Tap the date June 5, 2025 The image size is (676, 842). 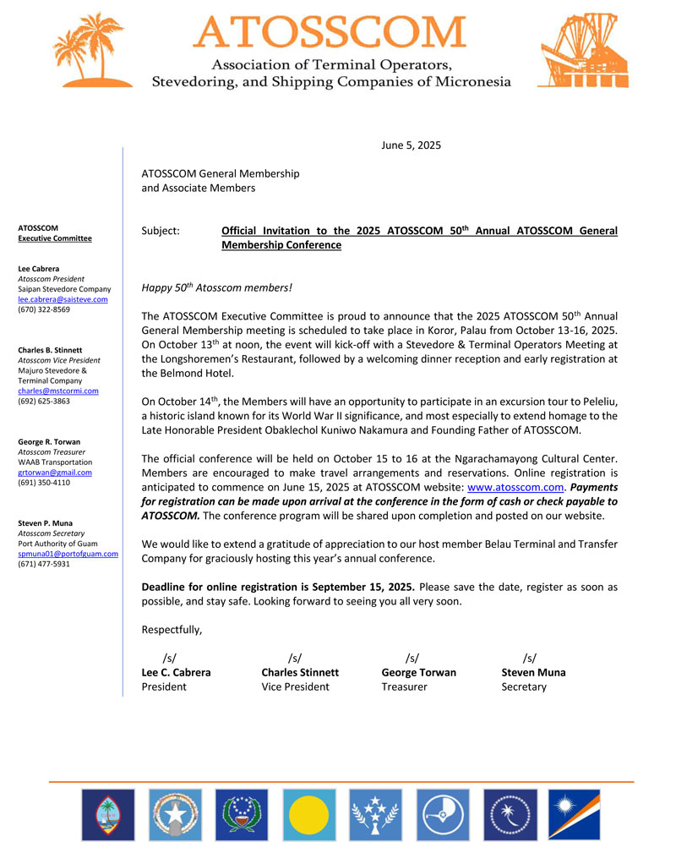[x=412, y=145]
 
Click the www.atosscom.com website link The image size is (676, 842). [x=515, y=488]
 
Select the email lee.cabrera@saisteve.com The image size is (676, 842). [x=63, y=299]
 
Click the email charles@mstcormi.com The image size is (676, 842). [x=58, y=391]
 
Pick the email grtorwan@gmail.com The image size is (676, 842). [x=55, y=473]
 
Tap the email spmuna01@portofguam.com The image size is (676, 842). [x=68, y=554]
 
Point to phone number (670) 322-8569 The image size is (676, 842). [x=44, y=309]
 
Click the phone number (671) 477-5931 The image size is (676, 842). [x=44, y=564]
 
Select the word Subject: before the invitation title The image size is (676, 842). [x=161, y=231]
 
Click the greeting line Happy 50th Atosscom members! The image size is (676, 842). [x=216, y=288]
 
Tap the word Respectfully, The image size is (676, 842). [x=172, y=630]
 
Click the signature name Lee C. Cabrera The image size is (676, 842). [x=176, y=673]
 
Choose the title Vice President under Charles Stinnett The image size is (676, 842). [x=295, y=687]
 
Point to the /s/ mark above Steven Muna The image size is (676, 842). [x=529, y=658]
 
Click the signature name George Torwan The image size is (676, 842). [x=418, y=673]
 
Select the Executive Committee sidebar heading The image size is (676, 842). [x=55, y=238]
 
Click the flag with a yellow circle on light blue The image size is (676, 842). [x=308, y=815]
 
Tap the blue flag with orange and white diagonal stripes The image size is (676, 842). [x=575, y=815]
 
